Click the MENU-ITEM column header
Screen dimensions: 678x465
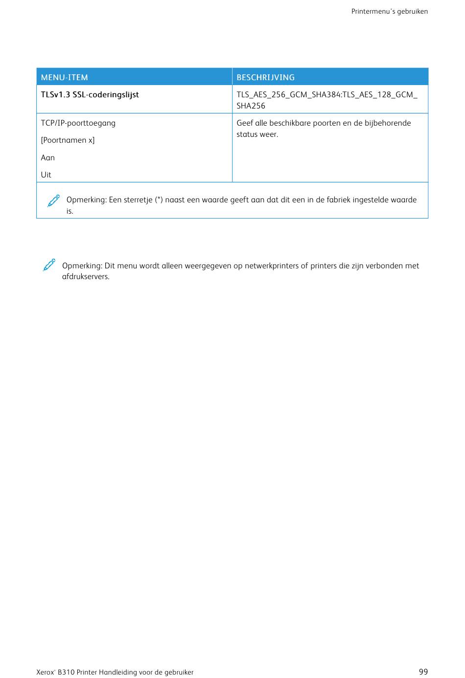coord(65,77)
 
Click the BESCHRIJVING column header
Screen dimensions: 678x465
coord(265,77)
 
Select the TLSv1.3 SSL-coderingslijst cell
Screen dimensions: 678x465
coord(90,95)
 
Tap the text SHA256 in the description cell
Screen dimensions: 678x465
coord(251,106)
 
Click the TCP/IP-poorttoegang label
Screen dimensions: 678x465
coord(78,123)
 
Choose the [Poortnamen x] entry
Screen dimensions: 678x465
coord(68,140)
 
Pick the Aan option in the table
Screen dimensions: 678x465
coord(48,158)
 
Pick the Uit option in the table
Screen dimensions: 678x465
coord(46,175)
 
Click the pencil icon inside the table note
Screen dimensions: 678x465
coord(53,201)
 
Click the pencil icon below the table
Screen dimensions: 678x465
coord(49,265)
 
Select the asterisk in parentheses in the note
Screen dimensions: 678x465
coord(159,199)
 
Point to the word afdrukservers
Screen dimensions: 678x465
coord(86,277)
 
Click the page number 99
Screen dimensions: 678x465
coord(423,672)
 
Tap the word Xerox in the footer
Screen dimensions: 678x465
coord(45,673)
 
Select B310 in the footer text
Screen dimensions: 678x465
coord(66,673)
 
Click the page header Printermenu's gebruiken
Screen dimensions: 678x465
coord(390,11)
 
